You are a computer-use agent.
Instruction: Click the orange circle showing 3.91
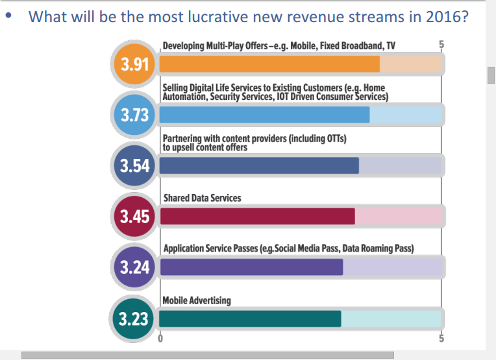[x=135, y=64]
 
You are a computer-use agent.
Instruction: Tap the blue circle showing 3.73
[x=135, y=115]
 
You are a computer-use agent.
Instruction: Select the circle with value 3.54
[x=135, y=165]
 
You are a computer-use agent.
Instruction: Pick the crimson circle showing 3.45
[x=135, y=216]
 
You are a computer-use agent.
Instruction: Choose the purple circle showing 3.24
[x=135, y=267]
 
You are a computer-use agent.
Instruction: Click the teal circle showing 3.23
[x=135, y=318]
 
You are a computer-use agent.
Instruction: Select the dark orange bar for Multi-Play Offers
[x=269, y=64]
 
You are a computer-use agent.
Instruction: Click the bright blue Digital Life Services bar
[x=264, y=115]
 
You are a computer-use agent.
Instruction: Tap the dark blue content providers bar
[x=259, y=165]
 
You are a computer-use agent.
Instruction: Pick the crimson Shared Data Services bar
[x=257, y=216]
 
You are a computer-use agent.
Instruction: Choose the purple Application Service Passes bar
[x=251, y=267]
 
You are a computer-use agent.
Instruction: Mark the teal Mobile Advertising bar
[x=250, y=318]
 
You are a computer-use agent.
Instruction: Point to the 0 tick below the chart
[x=160, y=338]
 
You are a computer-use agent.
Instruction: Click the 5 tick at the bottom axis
[x=441, y=338]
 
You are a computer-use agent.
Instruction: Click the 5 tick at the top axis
[x=441, y=45]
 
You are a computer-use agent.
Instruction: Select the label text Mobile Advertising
[x=197, y=300]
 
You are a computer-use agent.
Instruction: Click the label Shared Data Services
[x=201, y=198]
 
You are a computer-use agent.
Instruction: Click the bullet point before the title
[x=8, y=16]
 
